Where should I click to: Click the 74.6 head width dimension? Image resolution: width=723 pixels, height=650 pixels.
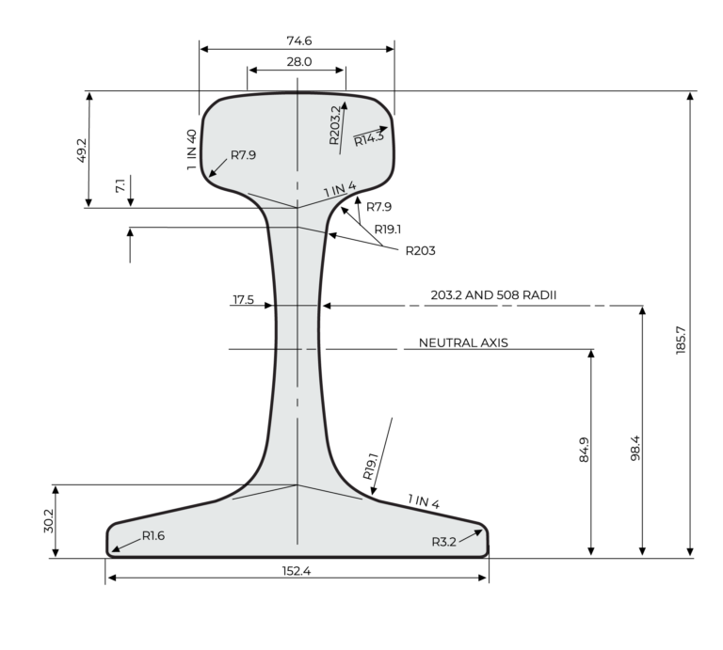(x=298, y=40)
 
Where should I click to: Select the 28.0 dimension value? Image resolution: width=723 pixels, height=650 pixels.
(x=298, y=62)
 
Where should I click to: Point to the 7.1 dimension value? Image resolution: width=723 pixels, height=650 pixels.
(x=119, y=187)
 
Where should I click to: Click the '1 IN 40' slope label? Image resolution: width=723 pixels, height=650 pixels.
(x=192, y=150)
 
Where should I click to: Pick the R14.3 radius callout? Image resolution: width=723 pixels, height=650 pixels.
(x=369, y=138)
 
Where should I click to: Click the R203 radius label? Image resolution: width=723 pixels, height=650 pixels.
(x=421, y=250)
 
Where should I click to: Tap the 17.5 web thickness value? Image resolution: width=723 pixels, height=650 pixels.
(x=244, y=300)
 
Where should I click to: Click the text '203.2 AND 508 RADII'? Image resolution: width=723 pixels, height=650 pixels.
(x=493, y=294)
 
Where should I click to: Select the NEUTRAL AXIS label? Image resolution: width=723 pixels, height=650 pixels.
(x=463, y=343)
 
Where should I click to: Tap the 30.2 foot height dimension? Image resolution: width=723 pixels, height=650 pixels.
(x=51, y=522)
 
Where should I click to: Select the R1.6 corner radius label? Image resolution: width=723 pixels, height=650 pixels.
(x=153, y=535)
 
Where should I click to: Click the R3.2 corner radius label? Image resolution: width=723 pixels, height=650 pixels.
(x=444, y=541)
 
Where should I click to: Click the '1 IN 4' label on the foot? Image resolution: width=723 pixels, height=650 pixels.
(x=424, y=501)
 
